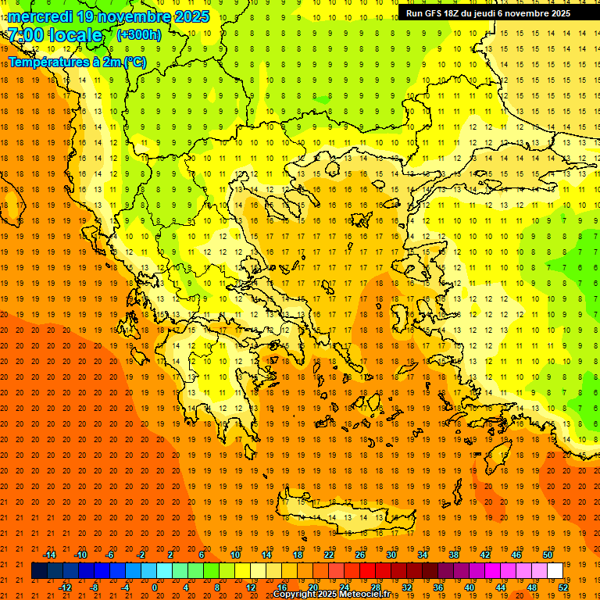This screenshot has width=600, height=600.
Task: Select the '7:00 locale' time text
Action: pos(55,35)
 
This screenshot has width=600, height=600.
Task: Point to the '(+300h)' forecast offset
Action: pos(139,35)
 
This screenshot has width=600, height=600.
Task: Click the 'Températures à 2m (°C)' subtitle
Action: pos(77,62)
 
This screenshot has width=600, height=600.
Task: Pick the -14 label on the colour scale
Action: pos(49,555)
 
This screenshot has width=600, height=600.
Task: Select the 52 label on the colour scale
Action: pos(563,587)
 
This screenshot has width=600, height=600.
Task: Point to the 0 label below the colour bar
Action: pos(154,587)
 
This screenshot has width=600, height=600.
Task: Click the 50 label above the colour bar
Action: pos(547,555)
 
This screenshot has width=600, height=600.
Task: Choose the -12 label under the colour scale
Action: pos(65,587)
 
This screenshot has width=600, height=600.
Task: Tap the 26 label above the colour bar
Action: pos(360,555)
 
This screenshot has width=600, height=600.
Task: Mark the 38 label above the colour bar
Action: pos(453,555)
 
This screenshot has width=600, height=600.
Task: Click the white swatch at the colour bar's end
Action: pos(555,571)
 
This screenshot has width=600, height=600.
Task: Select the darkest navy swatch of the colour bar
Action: pos(39,571)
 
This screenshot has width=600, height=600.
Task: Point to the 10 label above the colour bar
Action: pos(235,555)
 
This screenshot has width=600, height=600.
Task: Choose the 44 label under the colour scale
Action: pos(501,587)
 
